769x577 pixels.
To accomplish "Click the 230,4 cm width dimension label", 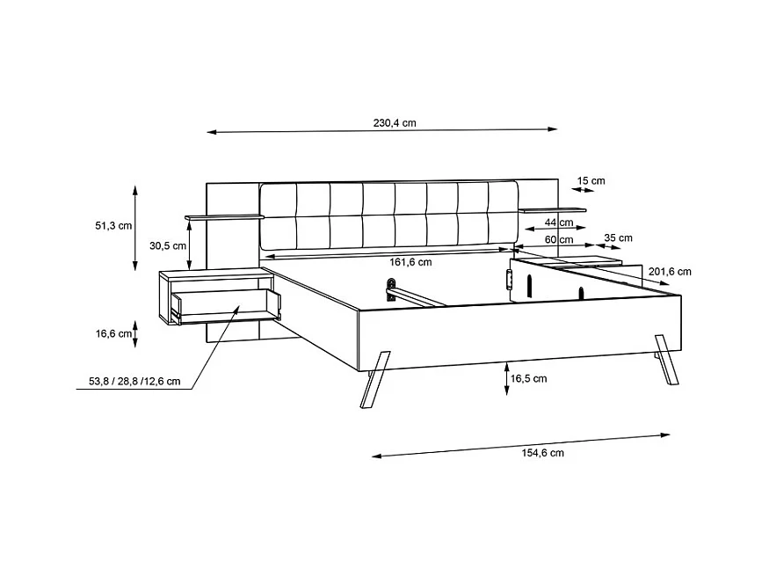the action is pyautogui.click(x=394, y=123).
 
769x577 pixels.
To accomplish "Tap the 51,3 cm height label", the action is pyautogui.click(x=113, y=225).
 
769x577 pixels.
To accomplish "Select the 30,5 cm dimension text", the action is pyautogui.click(x=167, y=246).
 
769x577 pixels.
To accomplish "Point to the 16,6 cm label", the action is pyautogui.click(x=113, y=333).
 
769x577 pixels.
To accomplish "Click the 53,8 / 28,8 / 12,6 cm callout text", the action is pyautogui.click(x=134, y=382).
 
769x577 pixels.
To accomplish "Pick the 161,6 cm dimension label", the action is pyautogui.click(x=410, y=262).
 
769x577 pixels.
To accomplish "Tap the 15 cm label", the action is pyautogui.click(x=591, y=181).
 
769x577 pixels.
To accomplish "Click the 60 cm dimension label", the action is pyautogui.click(x=558, y=239).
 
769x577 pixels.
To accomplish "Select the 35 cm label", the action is pyautogui.click(x=619, y=237).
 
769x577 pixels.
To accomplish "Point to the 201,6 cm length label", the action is pyautogui.click(x=669, y=272).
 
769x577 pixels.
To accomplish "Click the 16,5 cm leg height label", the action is pyautogui.click(x=528, y=378).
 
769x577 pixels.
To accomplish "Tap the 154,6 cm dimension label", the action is pyautogui.click(x=542, y=452).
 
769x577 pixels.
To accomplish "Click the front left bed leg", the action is pyautogui.click(x=374, y=378).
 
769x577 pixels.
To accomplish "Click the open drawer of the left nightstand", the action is pyautogui.click(x=227, y=303).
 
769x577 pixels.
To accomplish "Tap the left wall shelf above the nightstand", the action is pyautogui.click(x=224, y=217).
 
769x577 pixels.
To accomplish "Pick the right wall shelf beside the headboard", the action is pyautogui.click(x=551, y=210).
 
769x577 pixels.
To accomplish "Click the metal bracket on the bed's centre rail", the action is pyautogui.click(x=390, y=288).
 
